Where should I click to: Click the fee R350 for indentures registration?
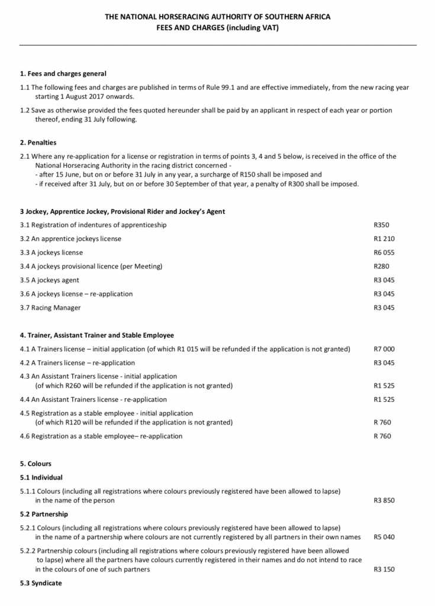click(381, 225)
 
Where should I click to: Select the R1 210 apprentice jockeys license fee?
click(384, 238)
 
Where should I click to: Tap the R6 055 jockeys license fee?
click(384, 253)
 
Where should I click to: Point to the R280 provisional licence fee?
click(381, 266)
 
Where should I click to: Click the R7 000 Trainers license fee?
click(384, 349)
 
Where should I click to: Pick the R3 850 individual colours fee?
click(384, 501)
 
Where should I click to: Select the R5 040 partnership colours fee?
click(384, 537)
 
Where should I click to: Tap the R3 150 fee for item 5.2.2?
click(384, 569)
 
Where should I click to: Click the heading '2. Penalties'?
click(38, 143)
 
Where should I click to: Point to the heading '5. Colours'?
click(36, 464)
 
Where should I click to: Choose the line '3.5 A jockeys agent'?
click(49, 280)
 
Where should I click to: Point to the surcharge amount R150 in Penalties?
click(273, 175)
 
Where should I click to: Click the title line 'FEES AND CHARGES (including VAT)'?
click(217, 27)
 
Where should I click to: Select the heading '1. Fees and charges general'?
click(63, 74)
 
